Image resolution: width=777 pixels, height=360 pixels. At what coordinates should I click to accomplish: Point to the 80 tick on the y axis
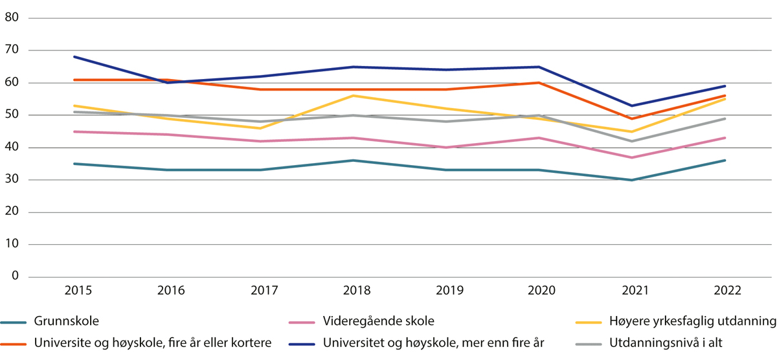(x=11, y=18)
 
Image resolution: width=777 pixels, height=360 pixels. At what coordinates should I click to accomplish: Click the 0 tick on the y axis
(x=14, y=277)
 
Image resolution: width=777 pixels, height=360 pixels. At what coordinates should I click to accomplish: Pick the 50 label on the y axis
(x=11, y=115)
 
